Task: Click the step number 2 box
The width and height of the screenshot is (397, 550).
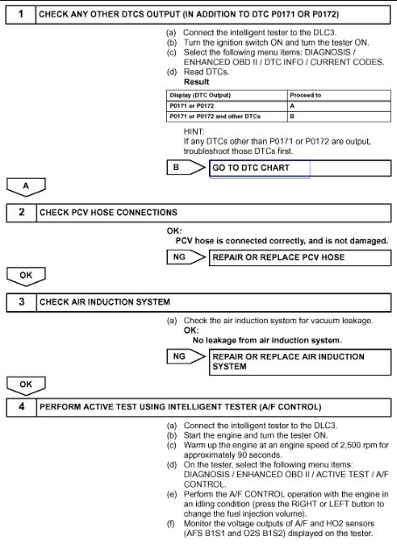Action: pos(19,212)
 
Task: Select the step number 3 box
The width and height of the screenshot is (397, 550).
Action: pos(19,302)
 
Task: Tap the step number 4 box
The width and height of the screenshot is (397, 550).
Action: pos(19,407)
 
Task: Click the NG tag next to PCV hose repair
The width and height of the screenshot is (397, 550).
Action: pos(180,257)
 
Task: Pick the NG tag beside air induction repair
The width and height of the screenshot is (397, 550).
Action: pos(180,357)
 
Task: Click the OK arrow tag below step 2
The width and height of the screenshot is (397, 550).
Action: pos(24,276)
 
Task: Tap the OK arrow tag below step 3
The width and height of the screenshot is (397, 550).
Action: pos(24,384)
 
